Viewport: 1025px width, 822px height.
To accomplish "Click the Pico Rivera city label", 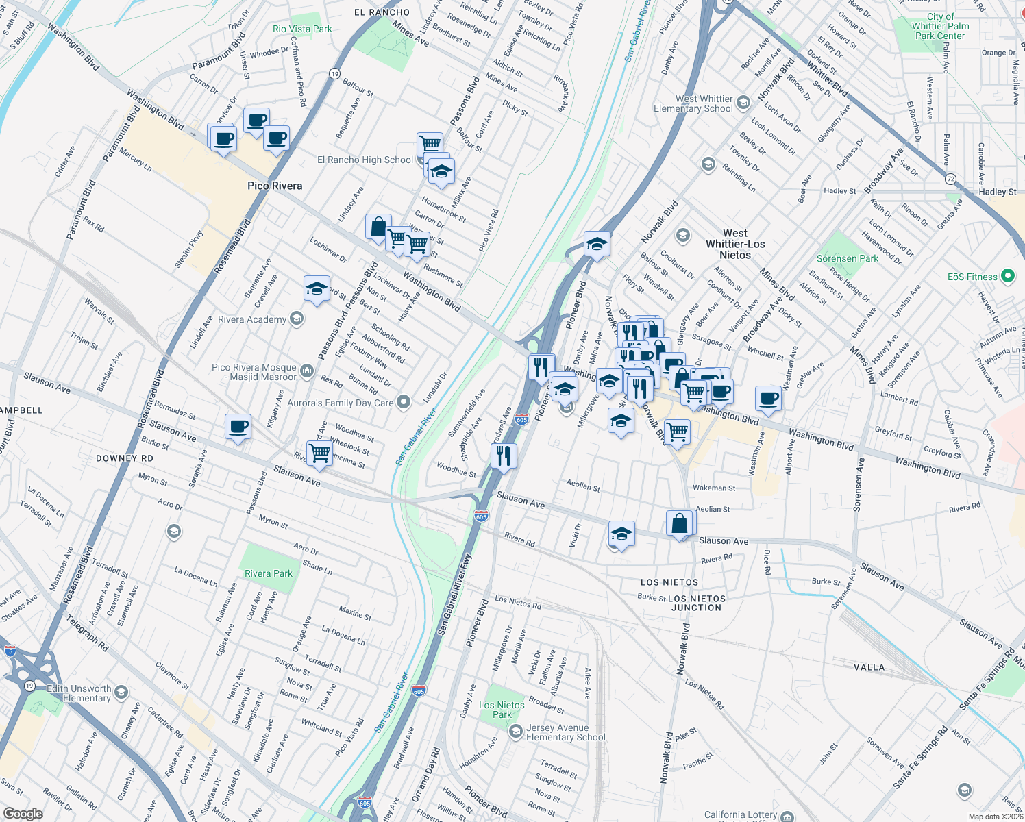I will pyautogui.click(x=275, y=186).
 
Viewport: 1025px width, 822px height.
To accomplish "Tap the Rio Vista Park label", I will pyautogui.click(x=302, y=29).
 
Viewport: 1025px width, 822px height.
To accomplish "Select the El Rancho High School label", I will pyautogui.click(x=365, y=160).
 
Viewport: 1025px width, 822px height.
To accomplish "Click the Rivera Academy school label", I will pyautogui.click(x=252, y=319).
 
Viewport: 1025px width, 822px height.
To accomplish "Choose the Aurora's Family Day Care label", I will pyautogui.click(x=340, y=403).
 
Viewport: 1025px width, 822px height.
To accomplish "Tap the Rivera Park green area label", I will pyautogui.click(x=269, y=573).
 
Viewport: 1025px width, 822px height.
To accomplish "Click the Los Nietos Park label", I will pyautogui.click(x=502, y=710).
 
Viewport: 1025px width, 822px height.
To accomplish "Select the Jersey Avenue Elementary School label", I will pyautogui.click(x=565, y=732).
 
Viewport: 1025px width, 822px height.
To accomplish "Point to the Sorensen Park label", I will pyautogui.click(x=847, y=258).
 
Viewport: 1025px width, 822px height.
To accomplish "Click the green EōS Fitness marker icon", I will pyautogui.click(x=1007, y=277).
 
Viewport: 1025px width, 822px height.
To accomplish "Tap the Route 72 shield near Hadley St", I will pyautogui.click(x=950, y=179).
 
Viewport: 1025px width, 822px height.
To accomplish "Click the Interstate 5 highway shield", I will pyautogui.click(x=10, y=651).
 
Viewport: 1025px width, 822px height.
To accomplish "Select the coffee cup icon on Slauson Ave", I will pyautogui.click(x=238, y=427).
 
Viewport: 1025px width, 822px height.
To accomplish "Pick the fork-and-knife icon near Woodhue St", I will pyautogui.click(x=504, y=456).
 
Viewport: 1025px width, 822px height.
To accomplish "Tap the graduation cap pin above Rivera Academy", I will pyautogui.click(x=317, y=288).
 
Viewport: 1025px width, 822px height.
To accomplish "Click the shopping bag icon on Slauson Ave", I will pyautogui.click(x=680, y=524).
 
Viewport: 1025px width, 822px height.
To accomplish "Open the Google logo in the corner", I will pyautogui.click(x=23, y=814).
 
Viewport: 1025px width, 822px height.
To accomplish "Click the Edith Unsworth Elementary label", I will pyautogui.click(x=79, y=693).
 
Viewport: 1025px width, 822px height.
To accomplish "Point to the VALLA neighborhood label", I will pyautogui.click(x=869, y=667).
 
